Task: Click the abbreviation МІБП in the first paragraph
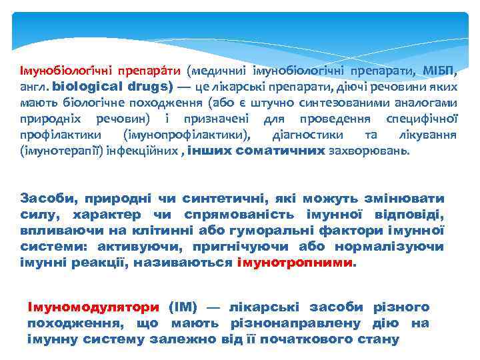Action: click(440, 70)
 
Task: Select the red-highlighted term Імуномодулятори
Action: click(93, 307)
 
